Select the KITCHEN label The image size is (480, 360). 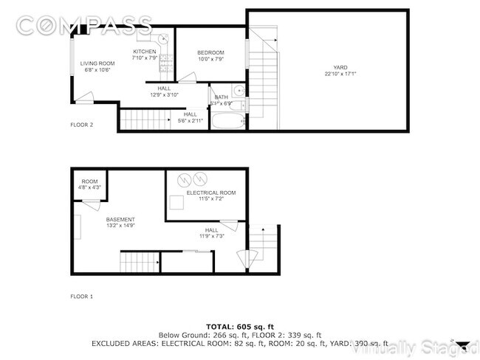tap(144, 52)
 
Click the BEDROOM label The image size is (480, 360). tap(210, 52)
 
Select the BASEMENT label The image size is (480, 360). tap(120, 220)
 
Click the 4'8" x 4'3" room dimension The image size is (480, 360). tap(89, 187)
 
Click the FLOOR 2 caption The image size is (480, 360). tap(81, 125)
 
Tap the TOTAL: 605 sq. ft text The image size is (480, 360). tap(240, 325)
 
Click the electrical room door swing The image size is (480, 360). tap(228, 226)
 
